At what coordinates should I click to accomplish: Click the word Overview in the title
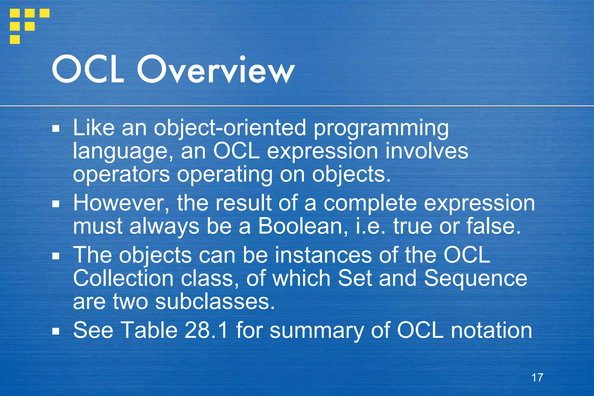tap(216, 70)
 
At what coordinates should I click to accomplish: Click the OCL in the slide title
tap(88, 70)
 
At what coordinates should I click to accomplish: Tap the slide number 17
tap(537, 377)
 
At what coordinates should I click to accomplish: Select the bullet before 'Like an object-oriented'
tap(56, 129)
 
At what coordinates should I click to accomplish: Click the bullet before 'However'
tap(56, 204)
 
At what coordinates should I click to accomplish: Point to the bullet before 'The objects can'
tap(56, 256)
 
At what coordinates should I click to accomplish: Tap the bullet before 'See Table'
tap(56, 331)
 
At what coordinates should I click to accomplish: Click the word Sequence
tap(476, 278)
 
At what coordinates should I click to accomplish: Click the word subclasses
tap(215, 302)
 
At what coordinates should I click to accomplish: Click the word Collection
tap(123, 278)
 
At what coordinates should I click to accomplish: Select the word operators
tap(121, 175)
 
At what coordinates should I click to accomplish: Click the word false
tap(493, 226)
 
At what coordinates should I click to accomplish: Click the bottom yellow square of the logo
tap(15, 39)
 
